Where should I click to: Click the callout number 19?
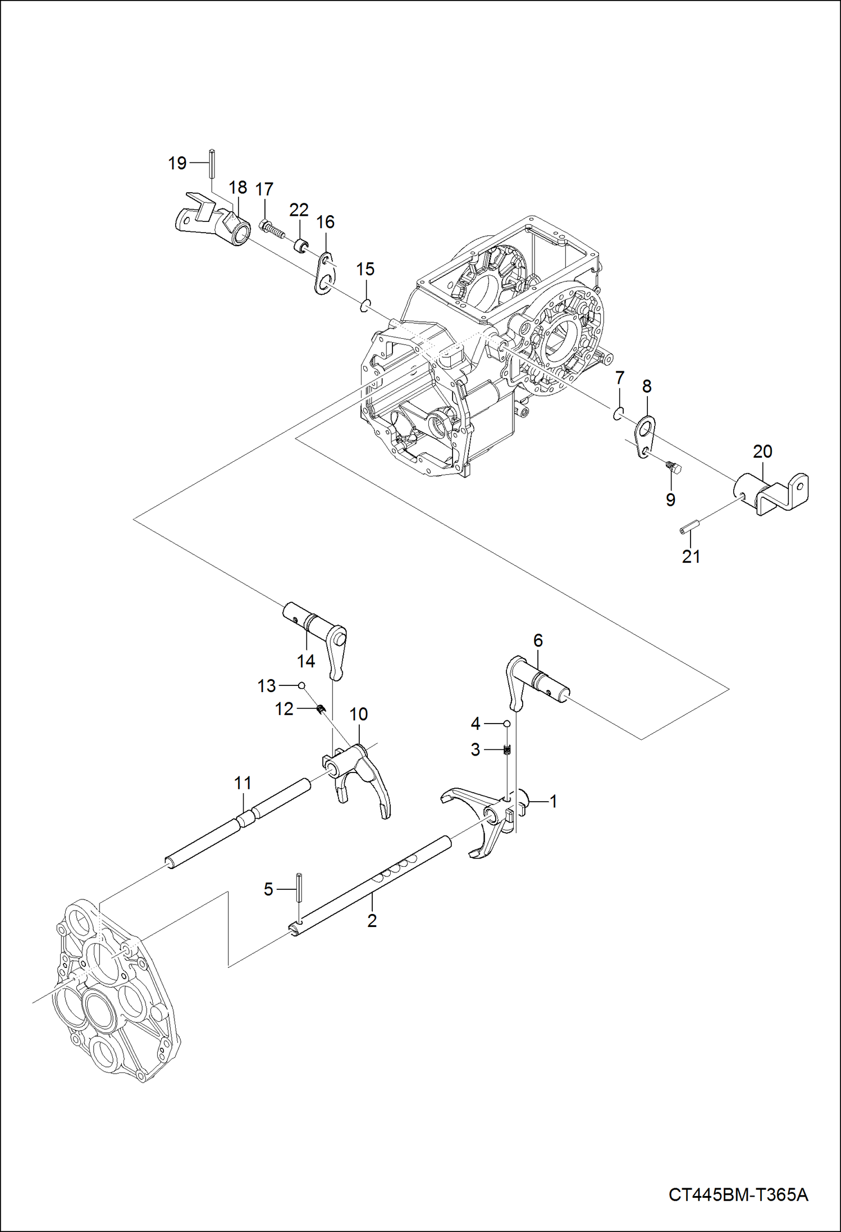point(177,163)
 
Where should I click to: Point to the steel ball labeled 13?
point(301,685)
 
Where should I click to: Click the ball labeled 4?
point(506,724)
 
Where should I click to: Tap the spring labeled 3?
point(507,749)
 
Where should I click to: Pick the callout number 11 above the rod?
point(243,783)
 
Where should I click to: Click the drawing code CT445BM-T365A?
point(738,1194)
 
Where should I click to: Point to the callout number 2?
point(372,921)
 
